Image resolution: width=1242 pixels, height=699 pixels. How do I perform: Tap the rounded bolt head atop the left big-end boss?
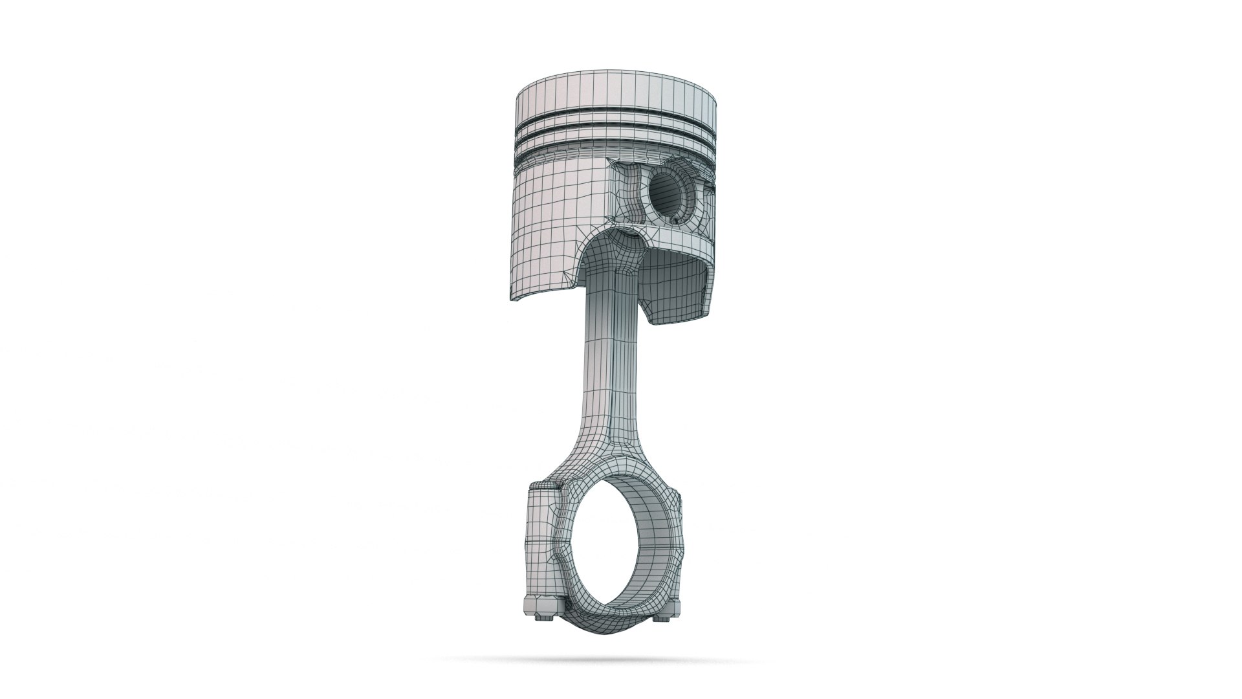click(x=542, y=485)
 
